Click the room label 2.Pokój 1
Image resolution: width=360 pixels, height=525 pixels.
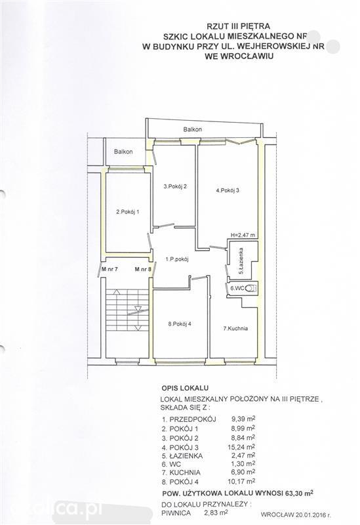(x=127, y=211)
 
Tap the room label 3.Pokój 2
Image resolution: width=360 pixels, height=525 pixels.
(x=175, y=187)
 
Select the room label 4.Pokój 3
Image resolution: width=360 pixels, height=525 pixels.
(x=228, y=190)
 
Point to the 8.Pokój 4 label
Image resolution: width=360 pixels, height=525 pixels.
(x=180, y=324)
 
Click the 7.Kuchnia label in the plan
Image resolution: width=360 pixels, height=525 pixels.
(x=235, y=329)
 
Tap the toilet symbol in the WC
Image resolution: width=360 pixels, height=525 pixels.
(x=250, y=288)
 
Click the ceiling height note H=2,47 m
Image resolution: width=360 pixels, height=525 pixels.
(x=243, y=235)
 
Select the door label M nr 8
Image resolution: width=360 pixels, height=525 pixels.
(x=143, y=268)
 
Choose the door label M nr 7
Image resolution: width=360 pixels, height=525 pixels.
(x=110, y=268)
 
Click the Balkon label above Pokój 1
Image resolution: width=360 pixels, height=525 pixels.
(x=123, y=152)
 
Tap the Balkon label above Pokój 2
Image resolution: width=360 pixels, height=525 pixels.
(x=192, y=129)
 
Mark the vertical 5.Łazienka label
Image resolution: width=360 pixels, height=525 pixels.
(x=241, y=261)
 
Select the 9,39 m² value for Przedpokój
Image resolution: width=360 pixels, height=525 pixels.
(x=243, y=419)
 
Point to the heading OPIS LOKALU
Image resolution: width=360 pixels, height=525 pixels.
(x=185, y=388)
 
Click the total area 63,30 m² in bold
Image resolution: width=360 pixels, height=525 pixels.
(x=299, y=493)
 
